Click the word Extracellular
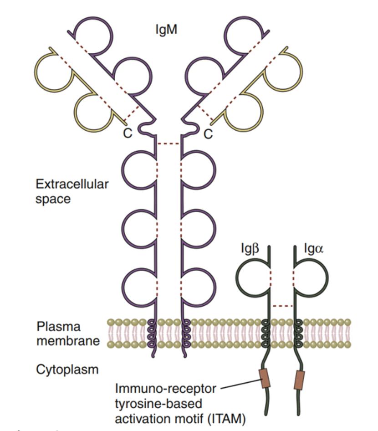coord(72,185)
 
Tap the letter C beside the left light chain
coord(128,134)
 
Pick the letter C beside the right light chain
coord(208,134)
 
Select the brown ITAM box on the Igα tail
coord(299,380)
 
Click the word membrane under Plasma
coord(68,340)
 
